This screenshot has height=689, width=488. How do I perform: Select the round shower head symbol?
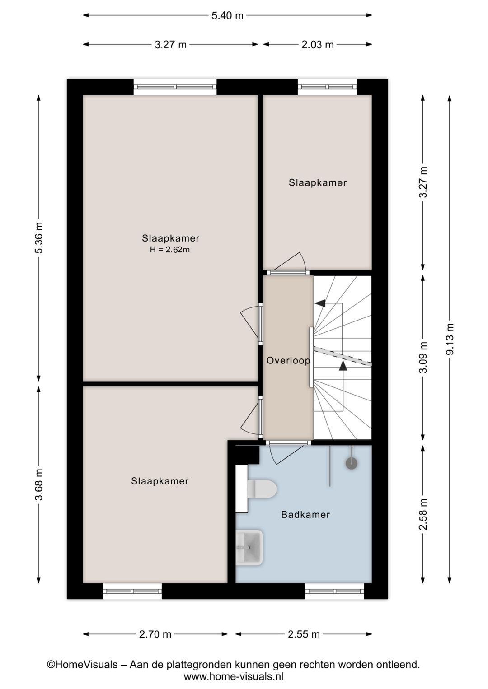(x=351, y=463)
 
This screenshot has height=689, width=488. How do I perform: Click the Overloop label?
(x=288, y=360)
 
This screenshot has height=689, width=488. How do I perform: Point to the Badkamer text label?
(x=305, y=514)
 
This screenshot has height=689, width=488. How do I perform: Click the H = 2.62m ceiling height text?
(x=170, y=250)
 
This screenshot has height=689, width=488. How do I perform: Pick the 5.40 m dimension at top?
(x=227, y=16)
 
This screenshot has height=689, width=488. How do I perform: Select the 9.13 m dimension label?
(x=450, y=339)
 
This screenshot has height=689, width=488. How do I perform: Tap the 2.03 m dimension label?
(x=318, y=44)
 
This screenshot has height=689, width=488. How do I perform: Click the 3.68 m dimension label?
(x=39, y=484)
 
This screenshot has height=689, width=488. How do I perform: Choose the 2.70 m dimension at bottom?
(x=155, y=634)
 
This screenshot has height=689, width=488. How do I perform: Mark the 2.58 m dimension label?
(x=423, y=514)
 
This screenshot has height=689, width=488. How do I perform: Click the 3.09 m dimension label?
(x=423, y=358)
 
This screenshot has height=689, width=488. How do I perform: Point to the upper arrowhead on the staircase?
(x=320, y=303)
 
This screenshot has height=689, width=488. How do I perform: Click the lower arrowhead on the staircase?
(x=343, y=366)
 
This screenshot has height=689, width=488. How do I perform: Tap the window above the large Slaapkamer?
(x=175, y=87)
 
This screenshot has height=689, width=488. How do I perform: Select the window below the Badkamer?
(x=334, y=591)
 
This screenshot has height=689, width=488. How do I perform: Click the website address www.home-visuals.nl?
(x=233, y=676)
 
